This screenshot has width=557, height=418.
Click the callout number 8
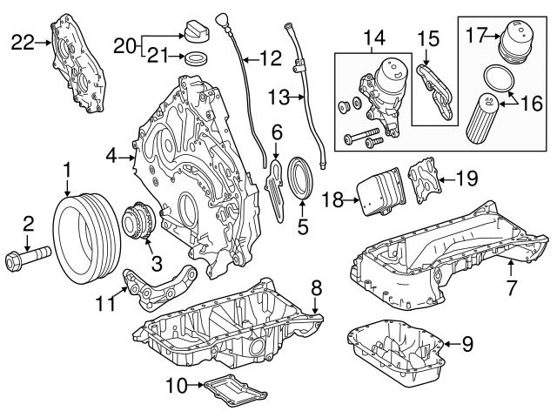point(316,286)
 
